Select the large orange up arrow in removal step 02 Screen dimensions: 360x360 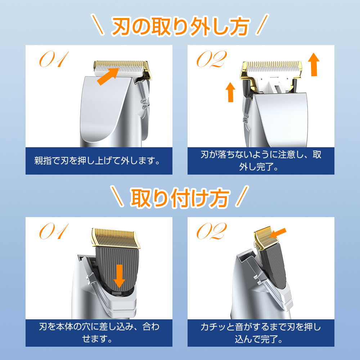[314, 64]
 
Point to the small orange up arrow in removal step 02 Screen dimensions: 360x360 [230, 92]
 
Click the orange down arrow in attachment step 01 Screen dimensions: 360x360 [119, 276]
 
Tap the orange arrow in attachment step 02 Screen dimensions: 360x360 [278, 233]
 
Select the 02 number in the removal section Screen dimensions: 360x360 [212, 59]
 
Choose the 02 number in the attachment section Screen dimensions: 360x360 [212, 231]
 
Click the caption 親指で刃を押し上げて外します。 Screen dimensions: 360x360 [97, 161]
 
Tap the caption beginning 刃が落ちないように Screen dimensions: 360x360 [261, 161]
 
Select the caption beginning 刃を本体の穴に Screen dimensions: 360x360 [99, 333]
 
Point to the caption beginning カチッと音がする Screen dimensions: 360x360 [261, 333]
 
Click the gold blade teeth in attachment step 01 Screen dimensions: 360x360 [116, 238]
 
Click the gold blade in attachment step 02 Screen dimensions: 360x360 [266, 238]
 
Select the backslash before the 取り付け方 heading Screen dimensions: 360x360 [117, 196]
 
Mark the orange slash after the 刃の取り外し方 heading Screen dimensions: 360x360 [262, 24]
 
